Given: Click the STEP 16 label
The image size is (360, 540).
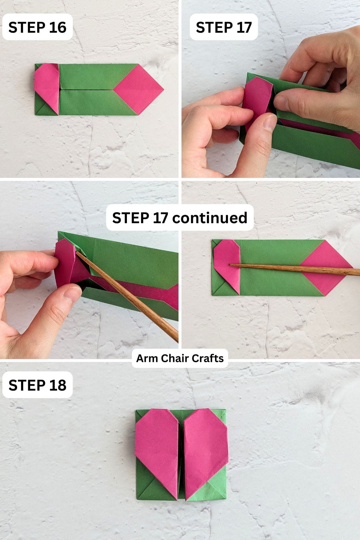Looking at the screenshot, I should coord(37,27).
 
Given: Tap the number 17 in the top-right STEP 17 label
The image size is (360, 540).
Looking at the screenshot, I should coord(243,27).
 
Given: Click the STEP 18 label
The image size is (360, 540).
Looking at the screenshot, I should coord(37,385).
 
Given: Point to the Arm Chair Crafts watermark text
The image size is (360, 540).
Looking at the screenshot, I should coord(180,358).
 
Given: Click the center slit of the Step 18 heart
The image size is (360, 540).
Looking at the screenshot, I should coord(181,450).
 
